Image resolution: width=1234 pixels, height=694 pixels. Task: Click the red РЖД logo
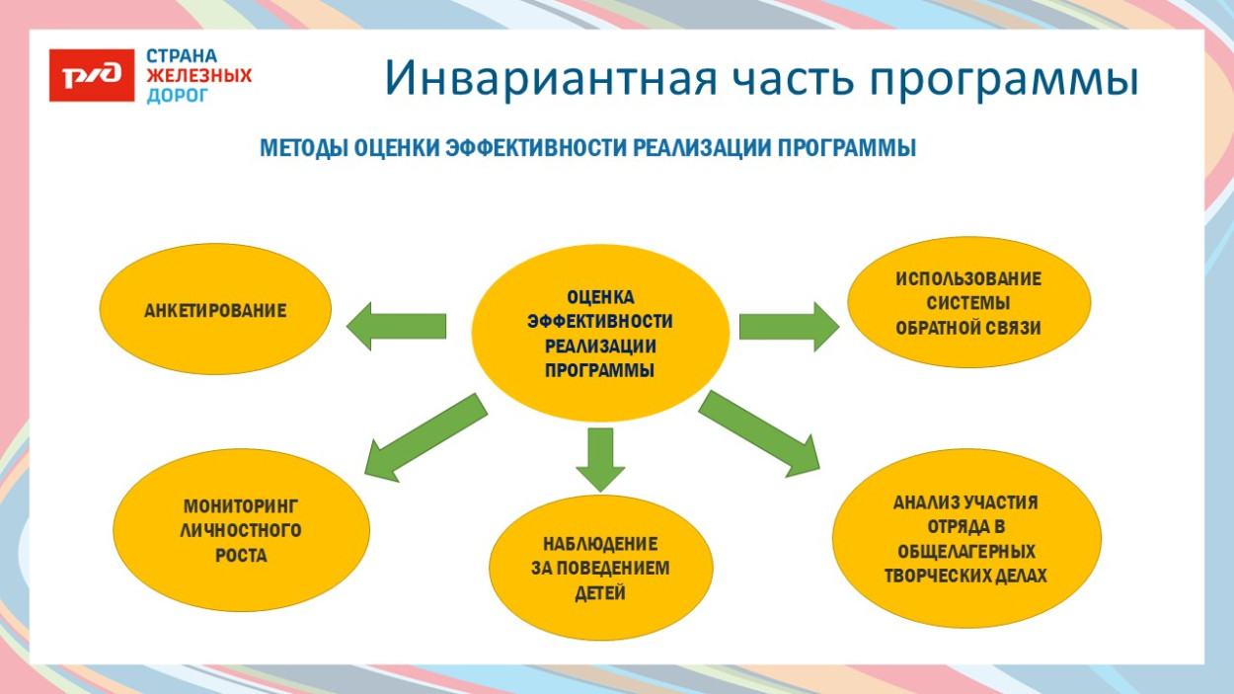pos(92,76)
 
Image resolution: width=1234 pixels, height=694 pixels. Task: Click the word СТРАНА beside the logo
pos(182,56)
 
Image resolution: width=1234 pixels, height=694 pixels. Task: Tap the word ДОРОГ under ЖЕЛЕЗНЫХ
pos(178,96)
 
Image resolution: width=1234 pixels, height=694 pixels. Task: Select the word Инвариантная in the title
pos(546,79)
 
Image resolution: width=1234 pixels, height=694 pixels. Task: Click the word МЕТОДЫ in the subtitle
pos(304,149)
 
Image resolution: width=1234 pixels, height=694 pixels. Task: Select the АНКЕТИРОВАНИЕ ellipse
pos(215,311)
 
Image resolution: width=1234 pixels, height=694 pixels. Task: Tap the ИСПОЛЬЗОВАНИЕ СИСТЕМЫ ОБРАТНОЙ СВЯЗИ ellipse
pos(968,303)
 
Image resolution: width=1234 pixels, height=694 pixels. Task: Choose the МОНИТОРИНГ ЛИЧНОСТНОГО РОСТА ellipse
pos(241,531)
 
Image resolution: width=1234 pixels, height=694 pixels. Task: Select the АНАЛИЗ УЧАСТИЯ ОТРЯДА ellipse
pos(965,539)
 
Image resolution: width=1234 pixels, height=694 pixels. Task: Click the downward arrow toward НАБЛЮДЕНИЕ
pos(600,457)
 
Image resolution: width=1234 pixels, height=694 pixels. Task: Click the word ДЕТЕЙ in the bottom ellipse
pos(600,593)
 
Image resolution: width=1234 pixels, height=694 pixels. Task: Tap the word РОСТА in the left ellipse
pos(241,556)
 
